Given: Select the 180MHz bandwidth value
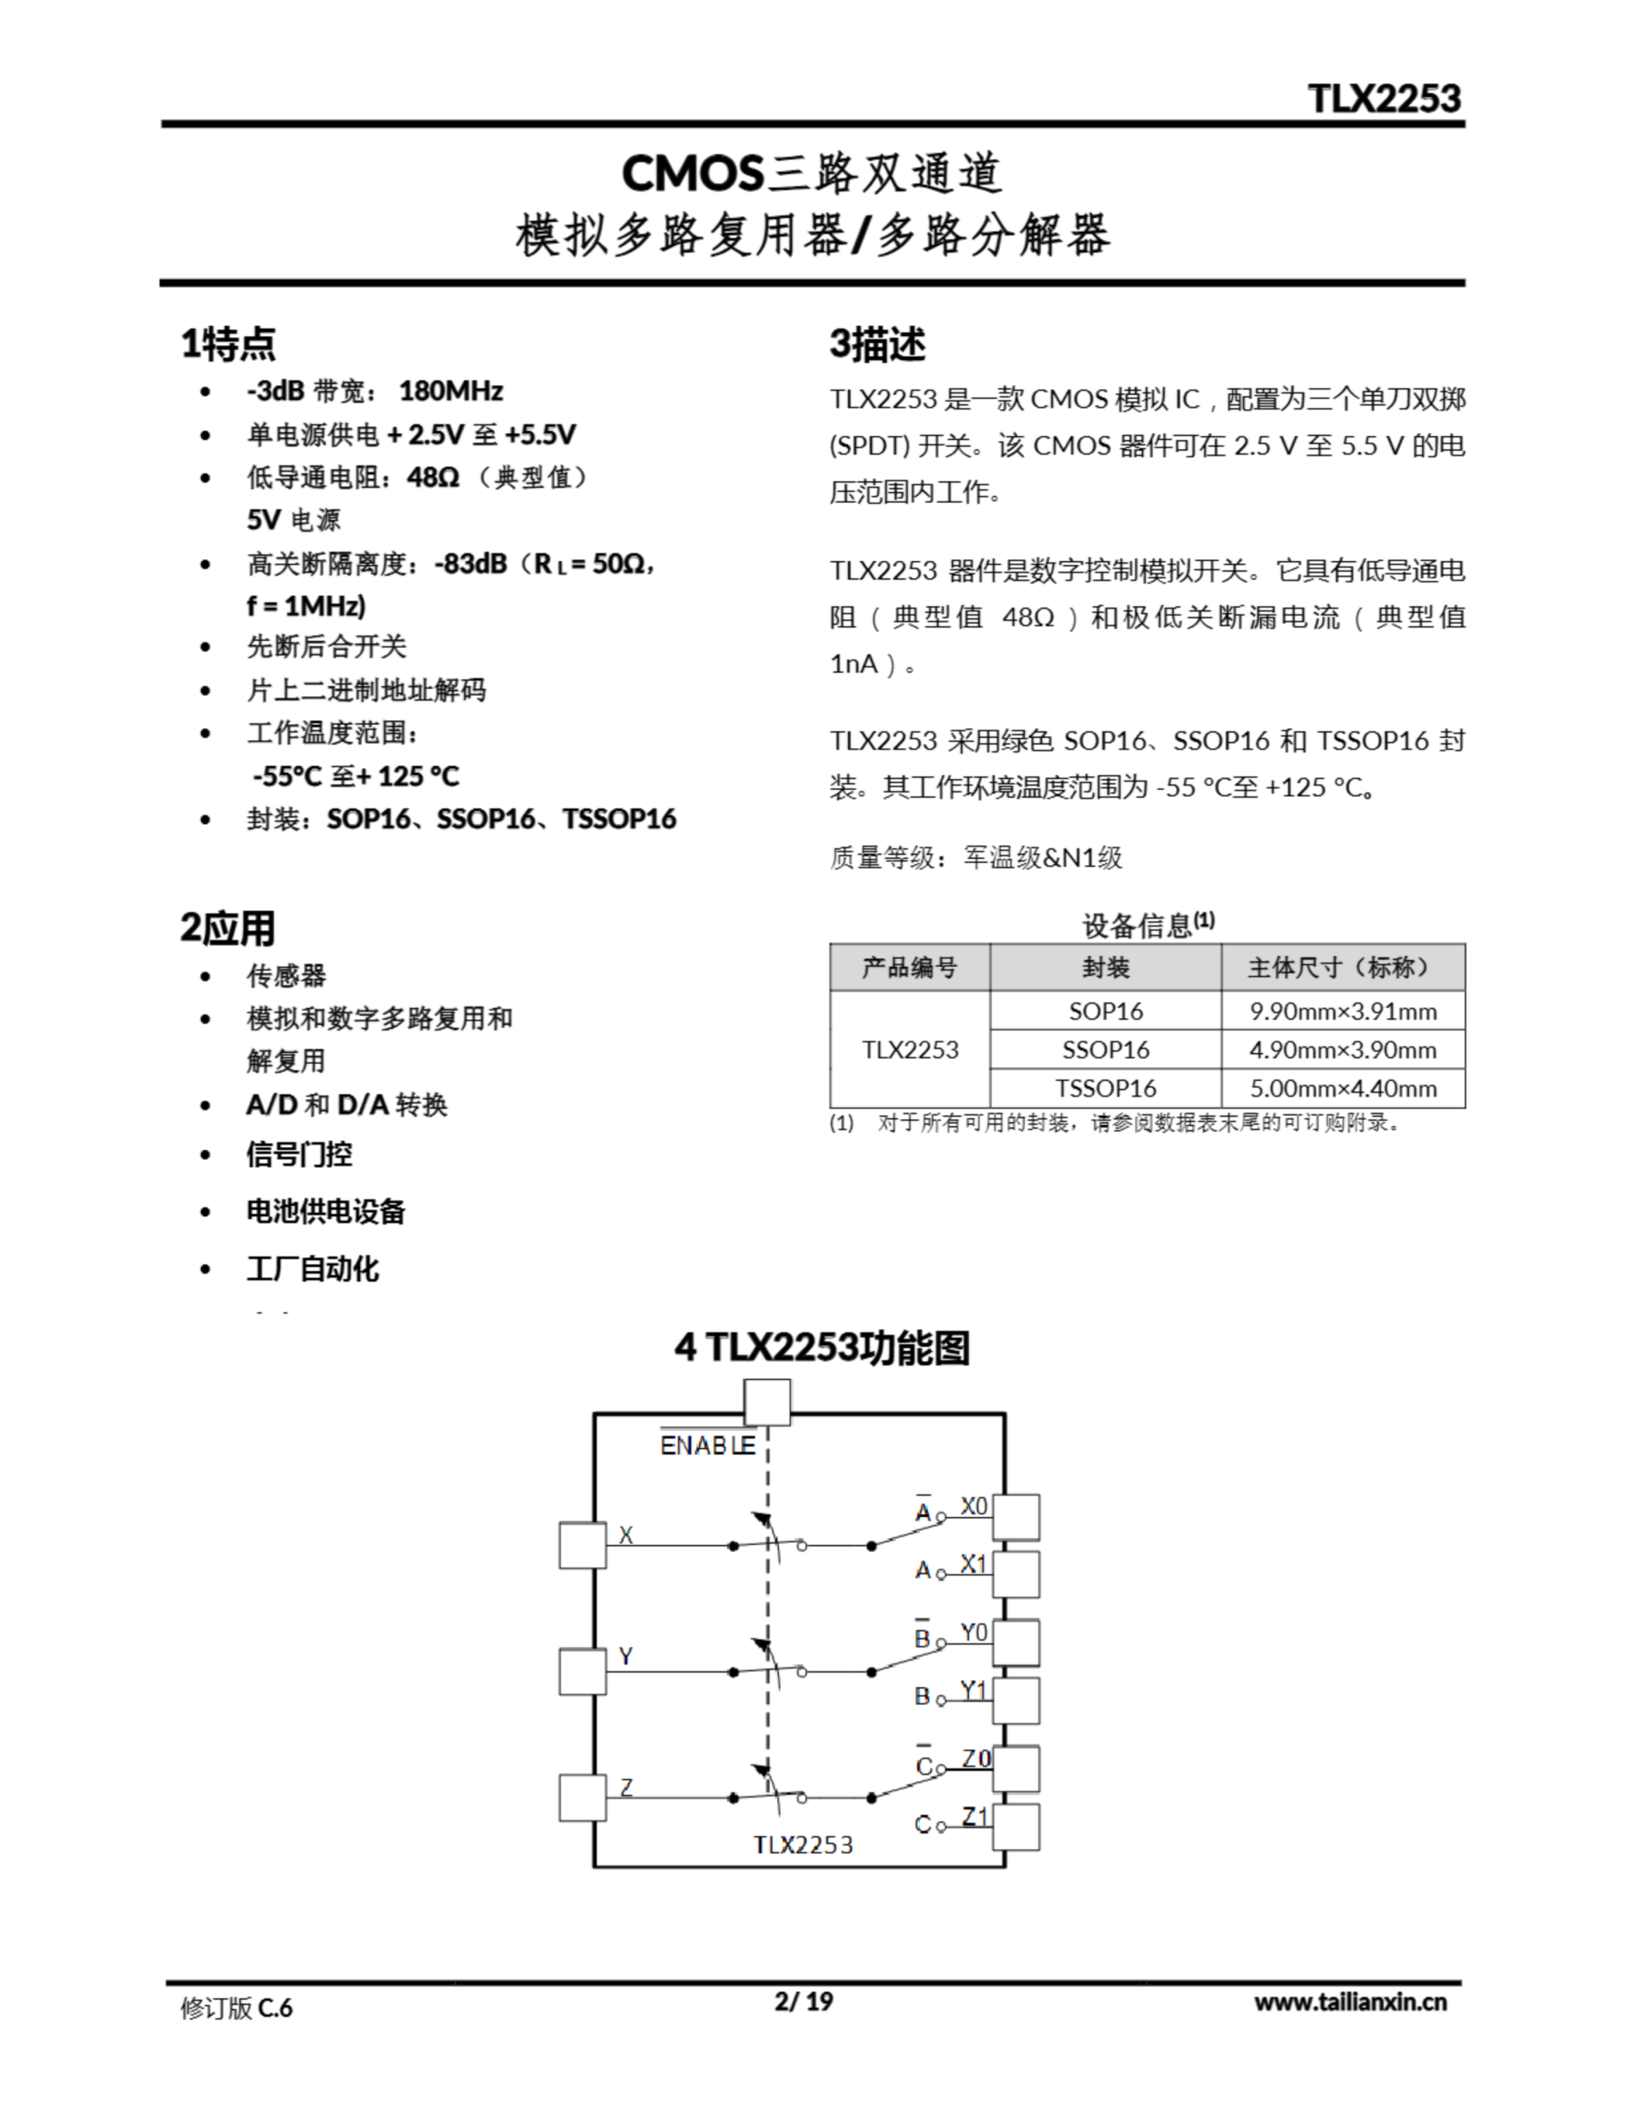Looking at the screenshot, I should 451,391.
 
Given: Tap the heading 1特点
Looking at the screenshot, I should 229,343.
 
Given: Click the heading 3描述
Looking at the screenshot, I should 878,344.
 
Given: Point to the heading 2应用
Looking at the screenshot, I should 228,928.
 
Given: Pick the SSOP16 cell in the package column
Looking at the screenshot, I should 1106,1049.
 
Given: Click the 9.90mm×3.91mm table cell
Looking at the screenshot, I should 1342,1010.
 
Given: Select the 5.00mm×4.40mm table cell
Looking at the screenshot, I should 1342,1088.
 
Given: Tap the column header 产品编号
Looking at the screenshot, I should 910,967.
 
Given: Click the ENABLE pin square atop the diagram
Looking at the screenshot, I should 767,1402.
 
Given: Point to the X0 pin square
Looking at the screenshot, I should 1017,1517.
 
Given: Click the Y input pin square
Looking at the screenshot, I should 582,1671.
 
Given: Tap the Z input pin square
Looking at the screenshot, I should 582,1798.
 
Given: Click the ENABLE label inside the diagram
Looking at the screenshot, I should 707,1446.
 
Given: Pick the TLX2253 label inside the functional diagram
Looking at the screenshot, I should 803,1844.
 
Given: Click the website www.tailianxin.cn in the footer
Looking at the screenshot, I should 1350,2001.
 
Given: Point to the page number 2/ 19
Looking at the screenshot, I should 804,2001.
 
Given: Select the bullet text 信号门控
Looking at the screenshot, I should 299,1154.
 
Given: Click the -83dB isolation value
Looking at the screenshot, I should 470,564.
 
